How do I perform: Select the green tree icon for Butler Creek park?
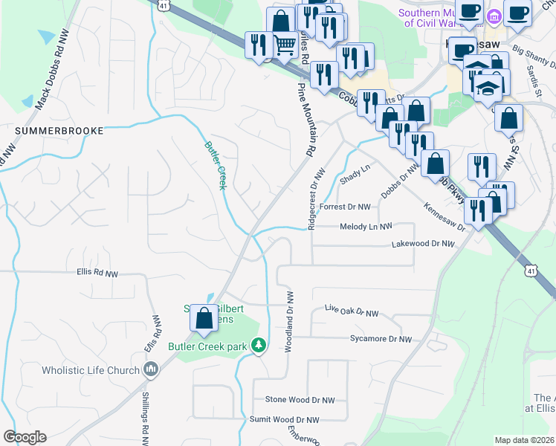point(258,345)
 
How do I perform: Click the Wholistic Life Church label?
point(91,370)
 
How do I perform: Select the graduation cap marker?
point(488,88)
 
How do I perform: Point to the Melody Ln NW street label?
point(366,227)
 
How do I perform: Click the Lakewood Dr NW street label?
point(422,244)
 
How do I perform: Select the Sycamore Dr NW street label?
point(381,339)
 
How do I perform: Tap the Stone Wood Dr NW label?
point(300,399)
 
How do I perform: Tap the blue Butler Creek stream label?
point(215,164)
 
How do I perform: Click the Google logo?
point(25,437)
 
